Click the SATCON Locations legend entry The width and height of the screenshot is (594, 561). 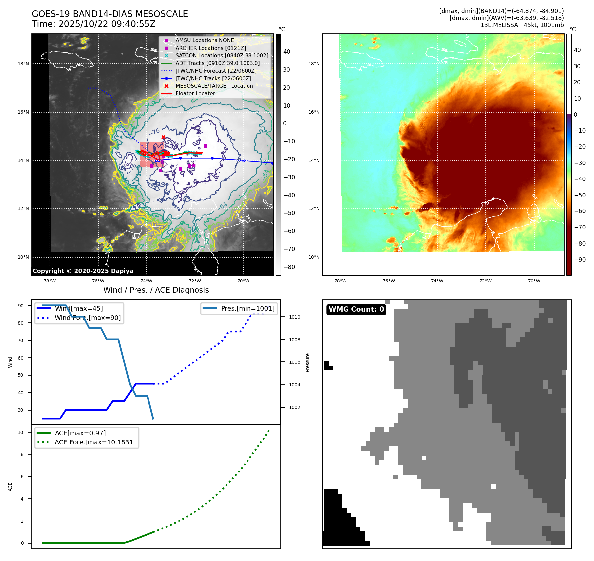point(222,55)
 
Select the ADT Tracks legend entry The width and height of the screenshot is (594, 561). point(218,63)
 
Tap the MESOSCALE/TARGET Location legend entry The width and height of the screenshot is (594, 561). point(214,86)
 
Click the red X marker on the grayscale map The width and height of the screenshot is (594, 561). point(163,137)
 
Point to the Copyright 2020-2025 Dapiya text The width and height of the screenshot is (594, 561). point(83,271)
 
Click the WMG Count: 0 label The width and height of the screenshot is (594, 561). point(356,309)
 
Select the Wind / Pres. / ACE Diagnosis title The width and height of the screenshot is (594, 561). point(156,290)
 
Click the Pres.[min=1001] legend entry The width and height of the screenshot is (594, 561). point(248,308)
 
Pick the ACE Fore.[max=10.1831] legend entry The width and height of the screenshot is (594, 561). point(95,442)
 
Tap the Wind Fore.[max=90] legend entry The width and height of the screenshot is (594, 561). point(88,318)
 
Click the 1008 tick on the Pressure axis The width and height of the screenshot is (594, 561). point(294,340)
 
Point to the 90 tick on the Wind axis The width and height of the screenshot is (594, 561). point(21,306)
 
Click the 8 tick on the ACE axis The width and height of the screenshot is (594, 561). point(22,454)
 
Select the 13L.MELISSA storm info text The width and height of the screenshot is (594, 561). point(522,25)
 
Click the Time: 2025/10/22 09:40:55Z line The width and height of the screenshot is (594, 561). point(93,24)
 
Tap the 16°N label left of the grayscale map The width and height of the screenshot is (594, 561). point(23,112)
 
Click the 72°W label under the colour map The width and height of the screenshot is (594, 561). point(485,281)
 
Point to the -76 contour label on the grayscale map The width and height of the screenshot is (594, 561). point(155,131)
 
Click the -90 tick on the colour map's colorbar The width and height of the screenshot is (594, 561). point(580,260)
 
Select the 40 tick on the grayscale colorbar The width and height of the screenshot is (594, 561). point(287,52)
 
